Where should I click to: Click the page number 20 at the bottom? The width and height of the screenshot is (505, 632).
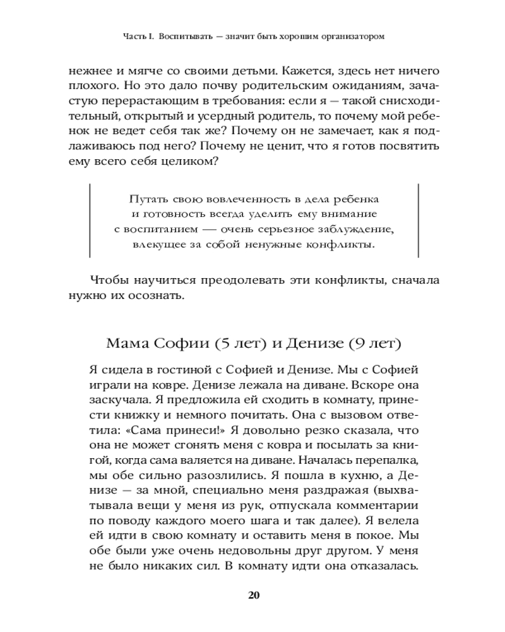click(254, 595)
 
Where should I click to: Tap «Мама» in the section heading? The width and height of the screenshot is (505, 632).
click(128, 344)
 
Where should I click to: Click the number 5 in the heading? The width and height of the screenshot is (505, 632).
click(220, 344)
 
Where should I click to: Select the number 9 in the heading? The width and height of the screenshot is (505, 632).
click(360, 344)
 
